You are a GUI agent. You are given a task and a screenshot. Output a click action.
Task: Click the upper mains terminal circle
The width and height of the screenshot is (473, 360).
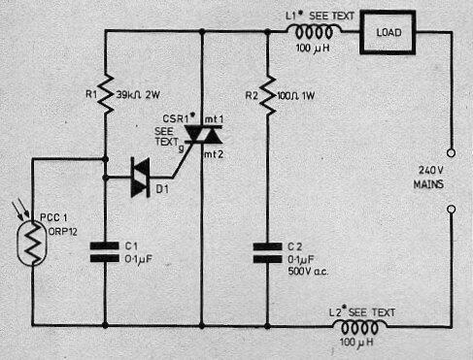click(450, 152)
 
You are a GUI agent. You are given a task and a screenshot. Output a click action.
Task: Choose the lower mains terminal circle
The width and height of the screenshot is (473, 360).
click(450, 208)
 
